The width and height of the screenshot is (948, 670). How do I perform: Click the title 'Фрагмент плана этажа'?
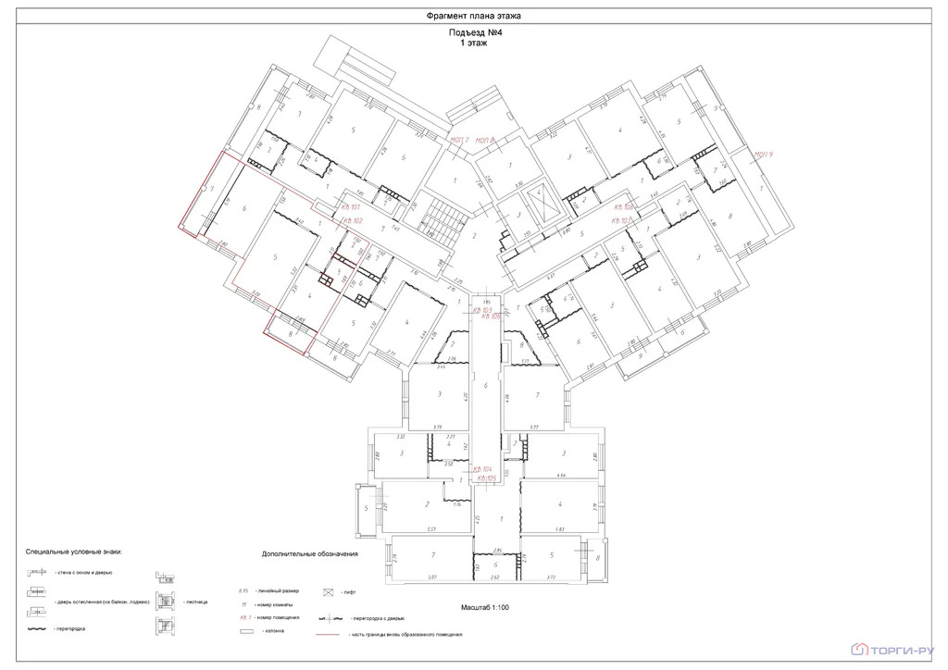coord(474,17)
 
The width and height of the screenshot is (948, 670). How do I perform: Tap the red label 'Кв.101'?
coord(349,208)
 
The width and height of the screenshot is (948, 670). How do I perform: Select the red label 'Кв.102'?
coord(349,221)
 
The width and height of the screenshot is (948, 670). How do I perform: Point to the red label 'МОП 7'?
coord(459,140)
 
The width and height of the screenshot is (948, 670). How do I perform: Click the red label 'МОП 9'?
coord(763,155)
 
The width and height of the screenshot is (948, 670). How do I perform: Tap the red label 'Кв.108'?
coord(621,207)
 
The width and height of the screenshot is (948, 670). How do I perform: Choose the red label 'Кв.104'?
coord(482,469)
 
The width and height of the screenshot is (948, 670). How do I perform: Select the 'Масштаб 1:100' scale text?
coord(485,607)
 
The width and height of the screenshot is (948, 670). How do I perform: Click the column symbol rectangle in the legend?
coord(246,631)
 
